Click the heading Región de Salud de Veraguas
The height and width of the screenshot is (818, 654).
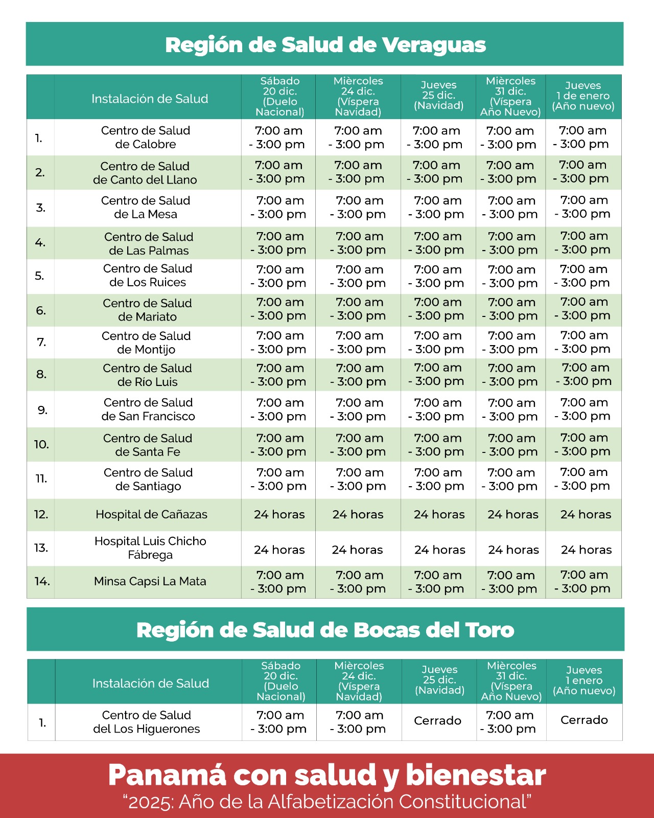pos(325,45)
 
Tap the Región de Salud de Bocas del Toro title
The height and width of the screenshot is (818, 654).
pos(325,630)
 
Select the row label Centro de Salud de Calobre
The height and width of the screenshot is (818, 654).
pos(146,138)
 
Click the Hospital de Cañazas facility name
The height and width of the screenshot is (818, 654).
pos(151,514)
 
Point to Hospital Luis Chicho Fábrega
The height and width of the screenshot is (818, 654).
pos(150,548)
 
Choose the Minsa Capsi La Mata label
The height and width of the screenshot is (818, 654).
pos(150,581)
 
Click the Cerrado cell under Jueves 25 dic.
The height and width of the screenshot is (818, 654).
pos(437,720)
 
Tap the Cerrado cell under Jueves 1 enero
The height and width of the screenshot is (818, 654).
pos(584,720)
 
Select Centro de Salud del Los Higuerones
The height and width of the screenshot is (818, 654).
pos(147,722)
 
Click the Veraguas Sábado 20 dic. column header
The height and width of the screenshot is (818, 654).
pos(280,96)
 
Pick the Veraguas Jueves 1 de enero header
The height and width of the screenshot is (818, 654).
pos(583,96)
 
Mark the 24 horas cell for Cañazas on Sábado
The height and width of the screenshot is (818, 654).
pos(279,514)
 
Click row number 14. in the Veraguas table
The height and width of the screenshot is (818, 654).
pos(42,581)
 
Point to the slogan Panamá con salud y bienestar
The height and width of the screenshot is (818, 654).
pos(327,775)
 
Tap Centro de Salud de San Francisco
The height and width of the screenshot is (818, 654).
pos(148,410)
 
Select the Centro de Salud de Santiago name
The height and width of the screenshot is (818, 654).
pos(148,479)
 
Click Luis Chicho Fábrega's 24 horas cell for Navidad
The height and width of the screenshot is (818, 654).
pos(440,550)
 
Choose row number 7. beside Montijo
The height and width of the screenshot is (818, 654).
pos(42,342)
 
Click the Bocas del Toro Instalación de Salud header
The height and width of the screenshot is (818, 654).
pos(151,683)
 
